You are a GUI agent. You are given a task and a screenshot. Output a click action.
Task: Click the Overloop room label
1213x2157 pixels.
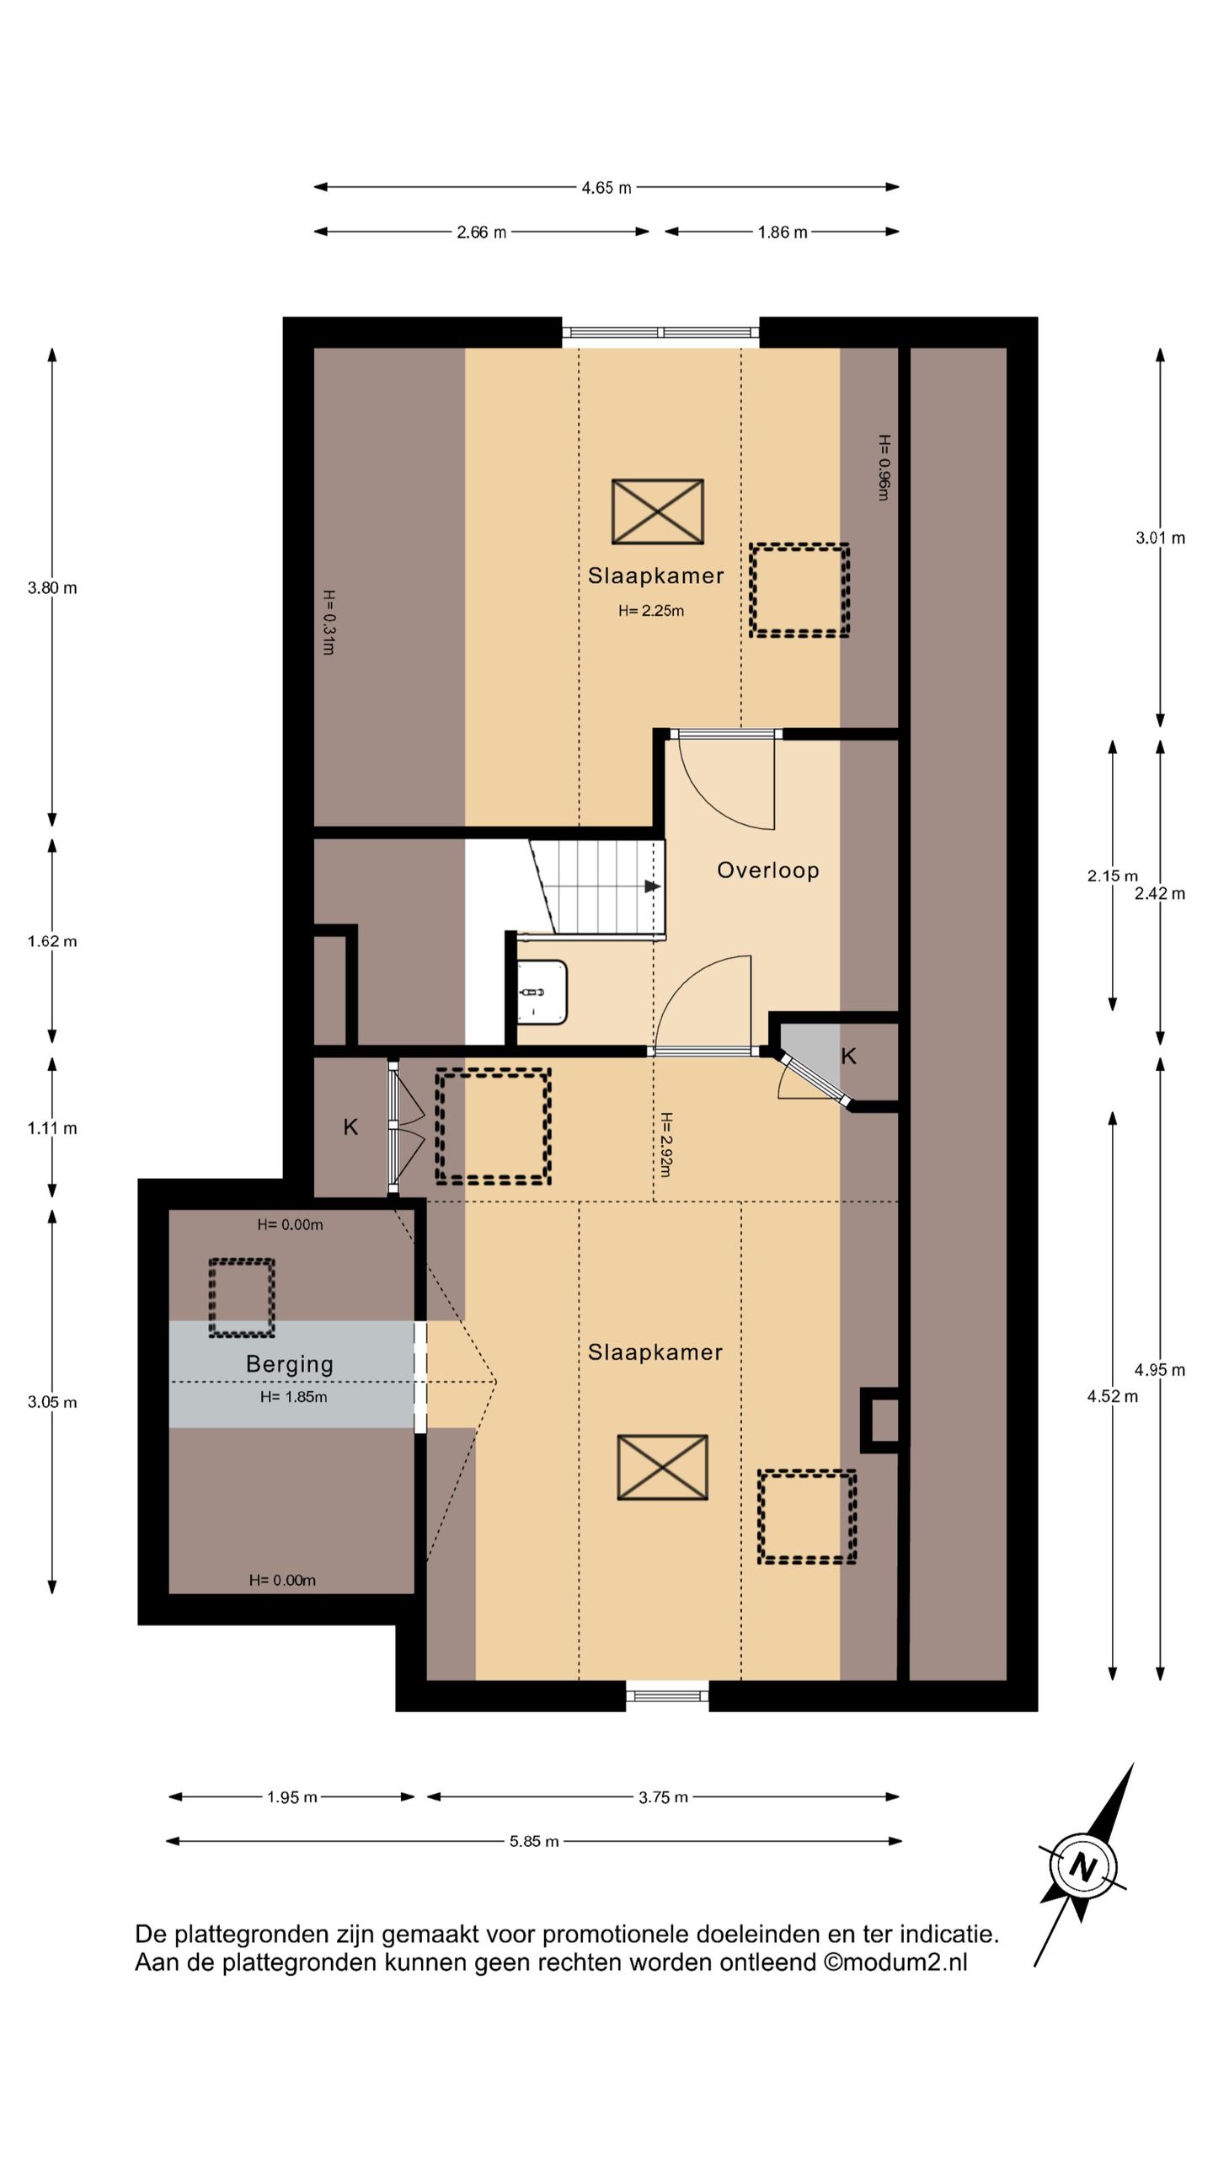coord(767,870)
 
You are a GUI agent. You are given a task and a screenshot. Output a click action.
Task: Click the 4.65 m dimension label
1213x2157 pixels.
coord(606,188)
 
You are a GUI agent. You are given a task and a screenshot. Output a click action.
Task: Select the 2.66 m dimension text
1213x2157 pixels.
coord(482,233)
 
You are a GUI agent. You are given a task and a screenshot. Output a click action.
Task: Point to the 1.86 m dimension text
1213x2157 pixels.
coord(783,233)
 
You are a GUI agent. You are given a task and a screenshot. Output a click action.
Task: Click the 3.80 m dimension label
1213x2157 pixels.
coord(52,588)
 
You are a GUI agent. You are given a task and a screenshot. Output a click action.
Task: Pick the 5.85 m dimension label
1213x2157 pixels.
coord(534,1841)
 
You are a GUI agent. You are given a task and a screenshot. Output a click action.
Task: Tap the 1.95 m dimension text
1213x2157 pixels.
coord(292,1797)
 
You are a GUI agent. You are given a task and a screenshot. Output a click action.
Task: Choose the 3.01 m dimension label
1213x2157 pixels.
coord(1160,538)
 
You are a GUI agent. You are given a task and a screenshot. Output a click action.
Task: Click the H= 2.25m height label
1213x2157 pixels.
coord(651,611)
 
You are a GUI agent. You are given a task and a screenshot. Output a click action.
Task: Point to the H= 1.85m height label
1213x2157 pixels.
coord(294,1397)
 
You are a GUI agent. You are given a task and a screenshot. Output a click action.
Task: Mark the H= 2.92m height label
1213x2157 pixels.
coord(665,1144)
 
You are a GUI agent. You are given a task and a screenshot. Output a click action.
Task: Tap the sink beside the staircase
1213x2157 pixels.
coord(542,992)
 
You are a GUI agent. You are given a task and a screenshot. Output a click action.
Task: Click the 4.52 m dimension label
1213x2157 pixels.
coord(1112,1396)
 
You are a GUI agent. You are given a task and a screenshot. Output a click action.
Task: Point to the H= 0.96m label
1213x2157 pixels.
coord(884,468)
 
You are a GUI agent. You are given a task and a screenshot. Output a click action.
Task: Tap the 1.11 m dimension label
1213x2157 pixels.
coord(52,1128)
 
